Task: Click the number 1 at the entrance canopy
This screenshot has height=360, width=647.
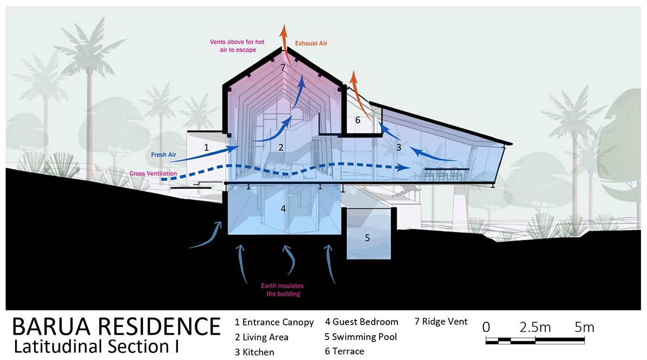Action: pyautogui.click(x=205, y=147)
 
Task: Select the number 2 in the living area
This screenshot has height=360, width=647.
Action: pyautogui.click(x=280, y=147)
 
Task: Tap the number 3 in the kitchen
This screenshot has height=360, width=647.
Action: pyautogui.click(x=398, y=147)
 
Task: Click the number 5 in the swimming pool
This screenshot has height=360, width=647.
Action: pyautogui.click(x=367, y=237)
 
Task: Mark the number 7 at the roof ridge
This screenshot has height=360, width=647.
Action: pyautogui.click(x=283, y=67)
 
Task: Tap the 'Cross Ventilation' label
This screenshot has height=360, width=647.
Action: pyautogui.click(x=153, y=174)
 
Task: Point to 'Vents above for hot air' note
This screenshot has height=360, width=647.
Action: pyautogui.click(x=233, y=45)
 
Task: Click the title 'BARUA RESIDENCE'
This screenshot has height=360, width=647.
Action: pyautogui.click(x=116, y=327)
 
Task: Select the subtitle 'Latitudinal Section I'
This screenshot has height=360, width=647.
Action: pyautogui.click(x=97, y=346)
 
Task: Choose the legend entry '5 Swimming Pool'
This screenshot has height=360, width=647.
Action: pyautogui.click(x=361, y=337)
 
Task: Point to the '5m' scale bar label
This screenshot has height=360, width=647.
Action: pyautogui.click(x=584, y=327)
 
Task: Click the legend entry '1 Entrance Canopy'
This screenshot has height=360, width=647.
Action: pyautogui.click(x=274, y=322)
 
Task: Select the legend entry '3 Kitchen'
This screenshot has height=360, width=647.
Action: pyautogui.click(x=254, y=352)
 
